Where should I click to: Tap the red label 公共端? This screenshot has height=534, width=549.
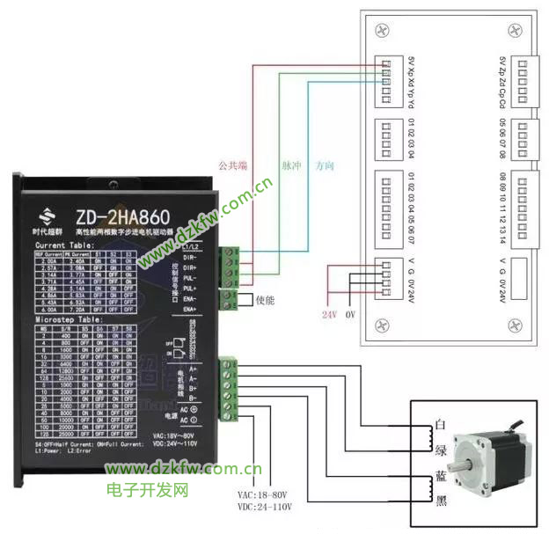[234, 165]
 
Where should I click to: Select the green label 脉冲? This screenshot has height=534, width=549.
[290, 165]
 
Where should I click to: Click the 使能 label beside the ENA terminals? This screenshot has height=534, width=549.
[265, 299]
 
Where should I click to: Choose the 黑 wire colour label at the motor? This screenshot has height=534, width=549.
[439, 501]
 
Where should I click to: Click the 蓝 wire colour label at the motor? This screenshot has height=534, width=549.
[439, 476]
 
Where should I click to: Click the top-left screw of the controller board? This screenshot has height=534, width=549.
[381, 30]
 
